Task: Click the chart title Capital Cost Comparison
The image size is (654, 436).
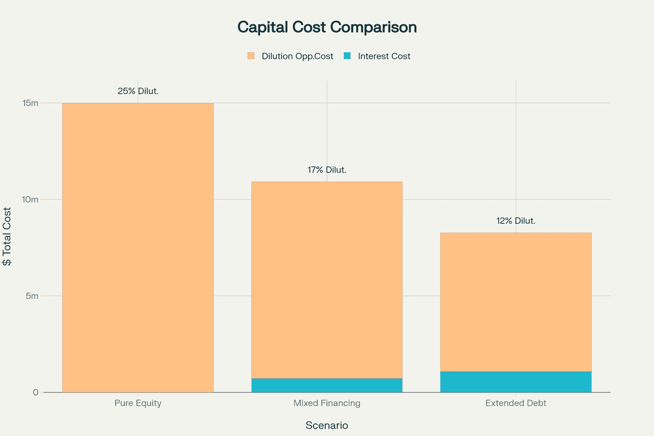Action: coord(327,27)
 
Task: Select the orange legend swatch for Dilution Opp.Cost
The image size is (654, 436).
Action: coord(251,56)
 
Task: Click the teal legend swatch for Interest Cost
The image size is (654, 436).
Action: coord(347,56)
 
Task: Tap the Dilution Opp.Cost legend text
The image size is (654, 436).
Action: coord(297,56)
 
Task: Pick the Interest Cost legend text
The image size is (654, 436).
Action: coord(384,56)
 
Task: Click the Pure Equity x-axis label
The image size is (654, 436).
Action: coord(138,404)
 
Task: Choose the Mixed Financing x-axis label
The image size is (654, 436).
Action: coord(327,404)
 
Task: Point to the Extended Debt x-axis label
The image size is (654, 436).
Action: coord(516,404)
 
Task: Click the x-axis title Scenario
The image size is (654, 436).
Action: coord(327,426)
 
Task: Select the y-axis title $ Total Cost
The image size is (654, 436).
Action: coord(8,237)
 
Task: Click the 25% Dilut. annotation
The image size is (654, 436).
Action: coord(138,91)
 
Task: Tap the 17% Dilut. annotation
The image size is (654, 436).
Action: coord(327,170)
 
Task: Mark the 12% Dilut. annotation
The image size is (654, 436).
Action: coord(516,221)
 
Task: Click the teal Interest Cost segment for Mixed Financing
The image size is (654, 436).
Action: coord(327,385)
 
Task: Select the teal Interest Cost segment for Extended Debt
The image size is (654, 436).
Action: coord(516,382)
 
